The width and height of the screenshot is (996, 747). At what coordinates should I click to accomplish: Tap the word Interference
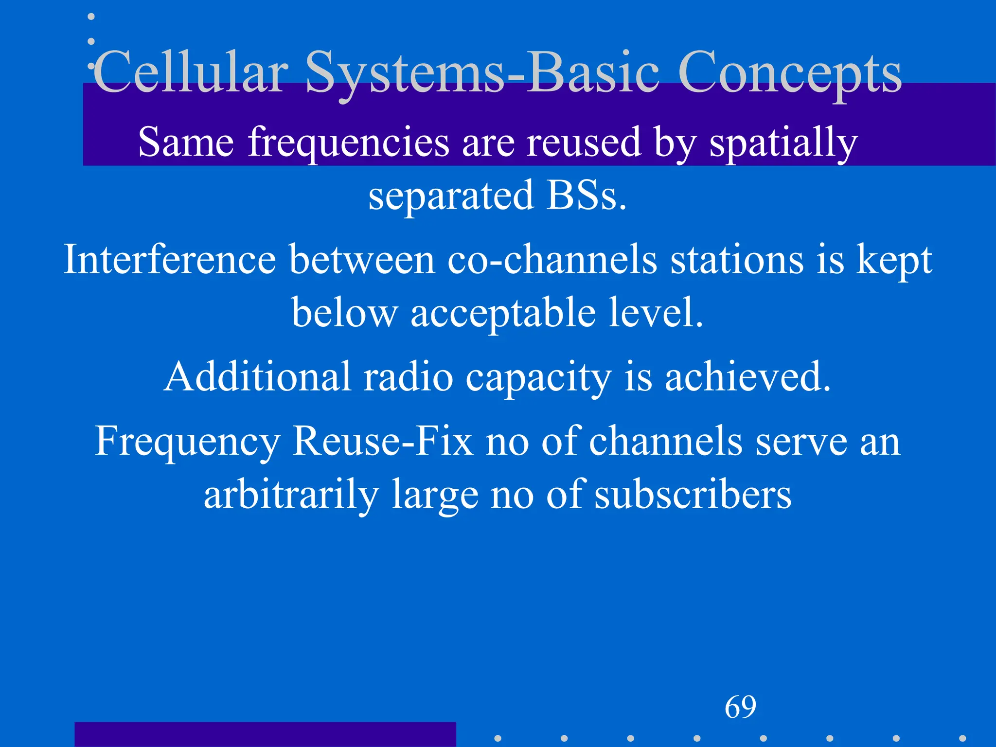(170, 260)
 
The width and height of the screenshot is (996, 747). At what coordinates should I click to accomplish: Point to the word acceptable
(503, 314)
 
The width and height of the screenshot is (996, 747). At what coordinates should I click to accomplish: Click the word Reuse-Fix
(382, 442)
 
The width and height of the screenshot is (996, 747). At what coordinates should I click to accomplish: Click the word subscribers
(693, 495)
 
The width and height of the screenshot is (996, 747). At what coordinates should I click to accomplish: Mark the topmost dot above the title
(91, 17)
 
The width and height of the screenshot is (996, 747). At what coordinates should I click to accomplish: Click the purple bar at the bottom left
(265, 734)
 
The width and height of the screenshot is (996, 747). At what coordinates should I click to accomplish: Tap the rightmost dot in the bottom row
(962, 738)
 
